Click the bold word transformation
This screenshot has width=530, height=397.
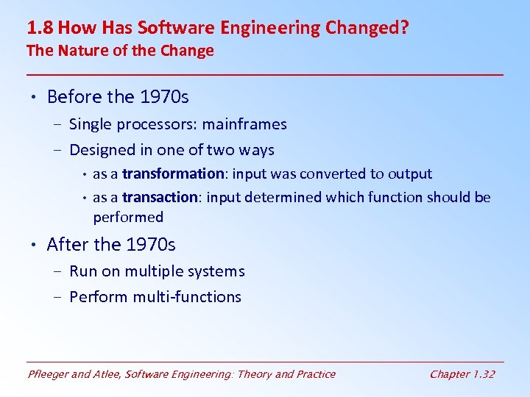tap(173, 174)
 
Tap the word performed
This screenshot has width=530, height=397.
tap(128, 217)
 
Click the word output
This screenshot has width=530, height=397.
tap(409, 174)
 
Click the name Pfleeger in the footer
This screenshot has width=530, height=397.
tap(49, 374)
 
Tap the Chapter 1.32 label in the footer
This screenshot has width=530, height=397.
tap(462, 374)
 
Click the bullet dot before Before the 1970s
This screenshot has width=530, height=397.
tap(35, 98)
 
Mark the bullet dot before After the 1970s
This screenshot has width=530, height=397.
tap(35, 245)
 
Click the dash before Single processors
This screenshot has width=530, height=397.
tap(58, 125)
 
